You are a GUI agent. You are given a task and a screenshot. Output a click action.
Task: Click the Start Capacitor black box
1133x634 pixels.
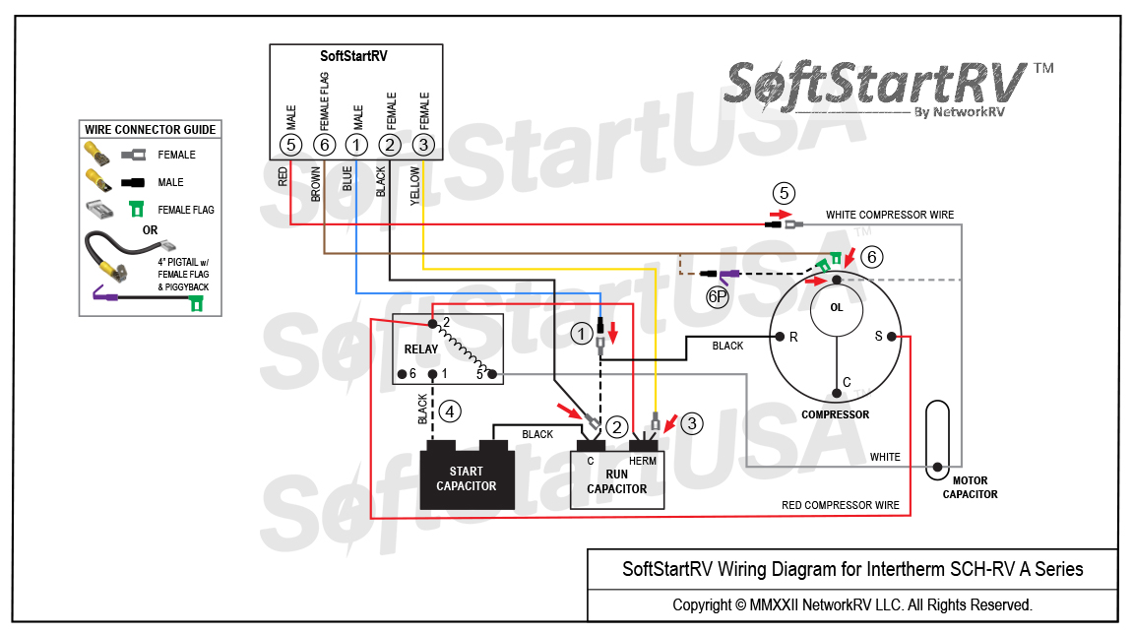pos(467,475)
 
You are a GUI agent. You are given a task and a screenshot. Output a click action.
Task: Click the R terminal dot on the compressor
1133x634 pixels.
pos(780,336)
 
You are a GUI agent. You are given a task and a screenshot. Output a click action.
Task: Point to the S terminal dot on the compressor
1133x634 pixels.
pos(892,336)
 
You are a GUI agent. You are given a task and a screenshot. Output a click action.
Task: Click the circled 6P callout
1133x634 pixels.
pos(717,296)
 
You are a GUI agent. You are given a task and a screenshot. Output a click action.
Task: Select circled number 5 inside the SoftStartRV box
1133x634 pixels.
pos(290,145)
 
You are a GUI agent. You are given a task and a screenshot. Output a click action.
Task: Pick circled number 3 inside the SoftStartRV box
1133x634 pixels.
pos(423,145)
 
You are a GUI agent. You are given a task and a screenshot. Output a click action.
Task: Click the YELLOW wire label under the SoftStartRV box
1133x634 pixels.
pos(414,186)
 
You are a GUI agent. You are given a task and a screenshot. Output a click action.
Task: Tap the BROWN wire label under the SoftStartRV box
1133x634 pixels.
pos(316,184)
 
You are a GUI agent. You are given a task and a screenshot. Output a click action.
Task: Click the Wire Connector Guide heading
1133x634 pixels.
pos(151,129)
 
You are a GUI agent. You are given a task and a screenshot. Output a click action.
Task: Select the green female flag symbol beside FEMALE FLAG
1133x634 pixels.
pos(136,209)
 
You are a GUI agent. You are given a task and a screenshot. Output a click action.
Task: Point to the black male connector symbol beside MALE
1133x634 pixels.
pos(133,182)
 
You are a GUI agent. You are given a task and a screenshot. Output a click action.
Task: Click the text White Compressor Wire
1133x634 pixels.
pos(890,215)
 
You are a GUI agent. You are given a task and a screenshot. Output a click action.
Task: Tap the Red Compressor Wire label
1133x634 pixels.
pos(841,505)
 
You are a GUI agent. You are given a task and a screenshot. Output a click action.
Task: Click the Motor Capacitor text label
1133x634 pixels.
pos(970,487)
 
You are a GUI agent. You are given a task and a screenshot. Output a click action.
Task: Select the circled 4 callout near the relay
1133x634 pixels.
pos(450,412)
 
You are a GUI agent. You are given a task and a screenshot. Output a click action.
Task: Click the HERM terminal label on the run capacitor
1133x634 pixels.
pos(643,461)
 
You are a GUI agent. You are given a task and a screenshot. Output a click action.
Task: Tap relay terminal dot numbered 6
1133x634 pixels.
pos(402,374)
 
